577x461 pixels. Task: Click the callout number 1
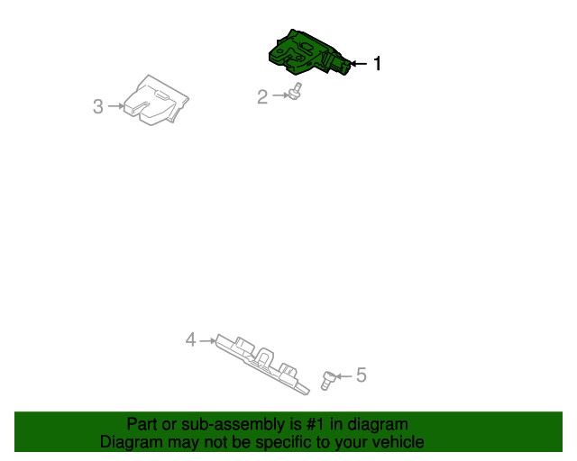coord(378,64)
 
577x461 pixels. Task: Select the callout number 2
coord(262,96)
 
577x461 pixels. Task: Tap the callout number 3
coord(98,106)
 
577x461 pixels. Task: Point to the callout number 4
coord(190,339)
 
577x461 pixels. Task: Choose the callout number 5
coord(361,375)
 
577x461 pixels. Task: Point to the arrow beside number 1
coord(359,64)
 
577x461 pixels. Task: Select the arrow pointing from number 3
coord(115,106)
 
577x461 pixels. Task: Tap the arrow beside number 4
coord(206,340)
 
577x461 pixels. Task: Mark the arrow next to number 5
coord(344,375)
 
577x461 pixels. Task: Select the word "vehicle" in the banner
coord(396,442)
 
